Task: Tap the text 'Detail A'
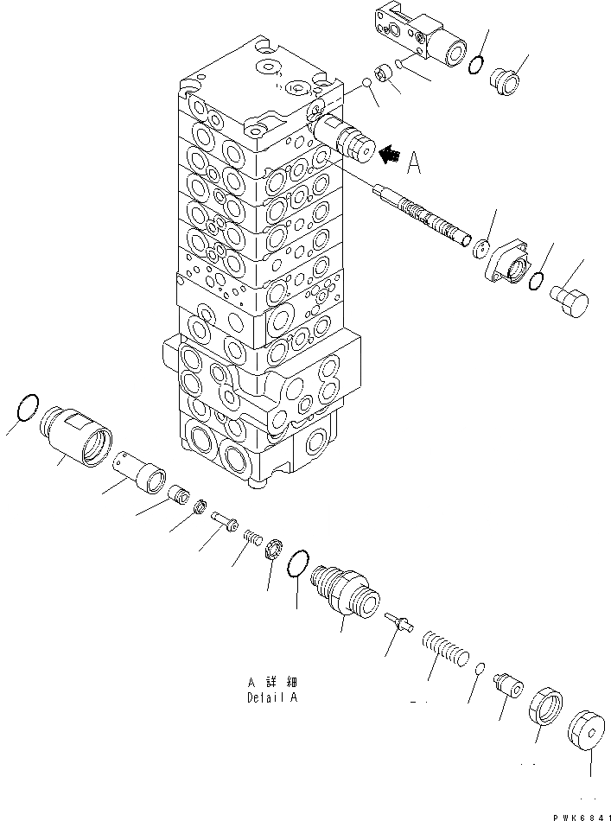(271, 674)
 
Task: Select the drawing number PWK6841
(580, 814)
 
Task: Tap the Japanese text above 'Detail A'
(271, 659)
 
